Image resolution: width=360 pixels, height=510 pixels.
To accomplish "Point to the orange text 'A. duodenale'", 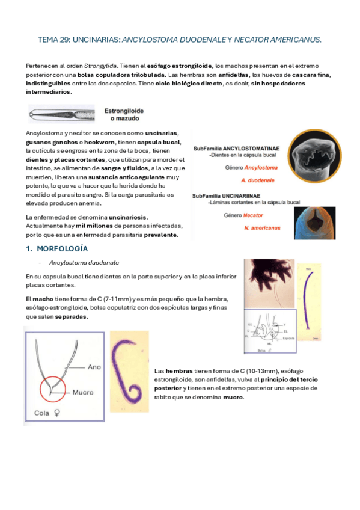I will (257, 180).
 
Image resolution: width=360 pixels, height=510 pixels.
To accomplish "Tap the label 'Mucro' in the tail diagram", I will (83, 392).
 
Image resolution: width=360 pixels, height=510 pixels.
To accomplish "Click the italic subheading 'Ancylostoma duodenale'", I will (84, 262).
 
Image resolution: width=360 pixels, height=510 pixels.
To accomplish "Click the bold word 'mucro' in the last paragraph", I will (233, 396).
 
